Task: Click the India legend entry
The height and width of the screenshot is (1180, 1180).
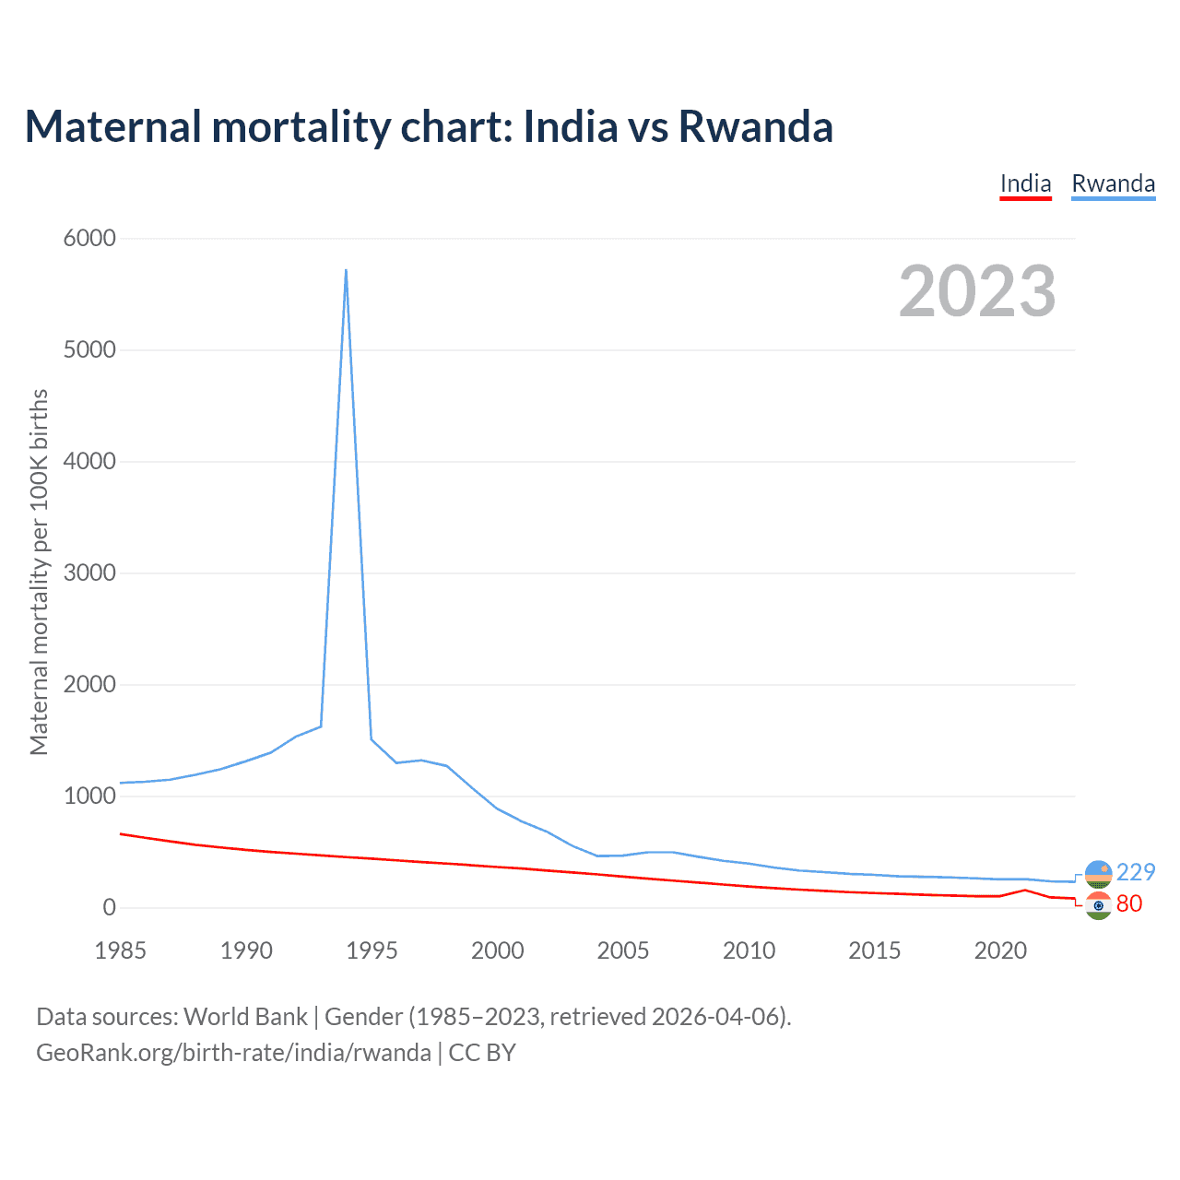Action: pos(1025,183)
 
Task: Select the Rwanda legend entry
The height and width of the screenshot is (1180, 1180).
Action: pos(1113,183)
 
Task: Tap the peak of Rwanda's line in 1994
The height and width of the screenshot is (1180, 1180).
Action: pos(346,270)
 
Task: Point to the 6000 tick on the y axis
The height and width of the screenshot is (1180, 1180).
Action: pos(89,238)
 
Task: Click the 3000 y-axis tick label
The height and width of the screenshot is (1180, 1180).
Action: pos(89,572)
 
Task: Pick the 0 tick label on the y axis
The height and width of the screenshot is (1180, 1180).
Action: pos(110,907)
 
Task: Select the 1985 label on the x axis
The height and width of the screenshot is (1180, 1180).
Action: pos(121,950)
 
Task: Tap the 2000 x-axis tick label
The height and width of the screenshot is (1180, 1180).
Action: pos(498,950)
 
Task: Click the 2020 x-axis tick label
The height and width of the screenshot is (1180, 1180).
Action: pos(1000,950)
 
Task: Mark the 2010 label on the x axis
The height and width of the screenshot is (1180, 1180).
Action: pos(749,950)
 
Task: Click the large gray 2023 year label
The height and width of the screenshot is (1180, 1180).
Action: pos(977,291)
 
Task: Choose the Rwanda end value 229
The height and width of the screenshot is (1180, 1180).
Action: pos(1136,872)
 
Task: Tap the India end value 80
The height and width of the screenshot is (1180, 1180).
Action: pos(1129,903)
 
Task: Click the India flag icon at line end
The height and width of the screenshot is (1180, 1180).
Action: pos(1098,905)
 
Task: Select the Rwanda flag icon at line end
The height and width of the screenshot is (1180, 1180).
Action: pos(1098,873)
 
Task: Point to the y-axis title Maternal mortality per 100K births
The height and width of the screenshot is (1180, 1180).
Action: pos(39,572)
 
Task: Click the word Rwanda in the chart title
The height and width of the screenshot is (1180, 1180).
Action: pos(755,126)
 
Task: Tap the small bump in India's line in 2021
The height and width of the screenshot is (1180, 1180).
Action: pos(1025,890)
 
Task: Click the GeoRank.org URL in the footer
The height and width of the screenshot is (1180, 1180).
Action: pos(233,1052)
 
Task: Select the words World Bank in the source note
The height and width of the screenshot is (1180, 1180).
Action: pos(245,1016)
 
